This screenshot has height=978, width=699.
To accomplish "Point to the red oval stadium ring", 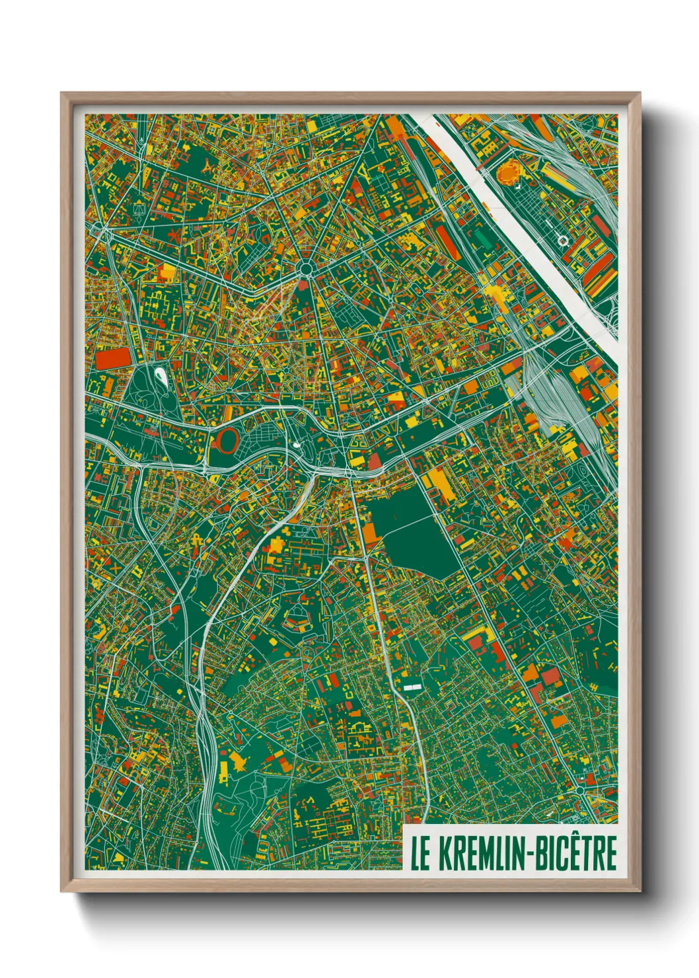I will click(x=226, y=439).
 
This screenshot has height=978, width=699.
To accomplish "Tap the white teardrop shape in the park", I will click(x=161, y=377).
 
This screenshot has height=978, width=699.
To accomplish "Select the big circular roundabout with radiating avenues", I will click(x=305, y=268).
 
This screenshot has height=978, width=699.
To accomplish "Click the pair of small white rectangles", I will click(x=412, y=688).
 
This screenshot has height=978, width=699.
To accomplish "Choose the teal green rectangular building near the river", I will click(x=484, y=239).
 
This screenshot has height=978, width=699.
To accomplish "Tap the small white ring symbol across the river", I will click(x=562, y=241).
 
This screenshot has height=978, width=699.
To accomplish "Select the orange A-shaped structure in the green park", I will click(x=209, y=167).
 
